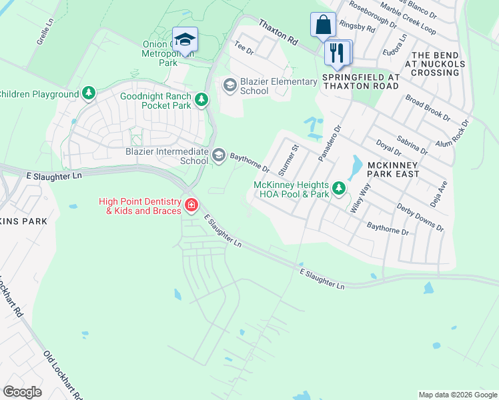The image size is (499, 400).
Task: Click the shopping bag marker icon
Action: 323,25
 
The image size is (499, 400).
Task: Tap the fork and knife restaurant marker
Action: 336,52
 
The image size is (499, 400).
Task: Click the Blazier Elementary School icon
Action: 229,85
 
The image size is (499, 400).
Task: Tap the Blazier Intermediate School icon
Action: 218,156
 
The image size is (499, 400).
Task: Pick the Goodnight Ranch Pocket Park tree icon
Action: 201,100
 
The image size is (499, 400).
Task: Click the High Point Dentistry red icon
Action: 191,205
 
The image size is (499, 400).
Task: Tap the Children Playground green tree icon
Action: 89,94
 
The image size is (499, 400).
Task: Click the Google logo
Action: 22,392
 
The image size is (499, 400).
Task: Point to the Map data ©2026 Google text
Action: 457,395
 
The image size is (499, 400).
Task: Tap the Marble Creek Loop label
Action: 408,21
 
